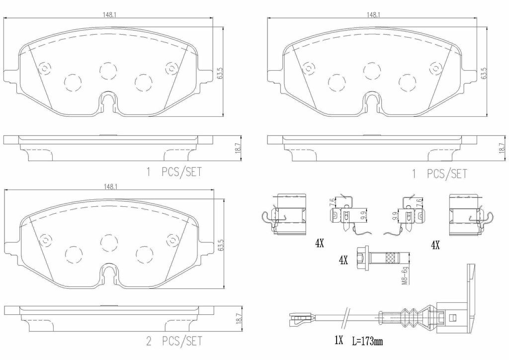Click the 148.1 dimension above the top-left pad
(110, 15)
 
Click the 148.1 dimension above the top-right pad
(374, 15)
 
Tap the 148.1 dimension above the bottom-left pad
(110, 186)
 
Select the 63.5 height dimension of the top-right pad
(484, 74)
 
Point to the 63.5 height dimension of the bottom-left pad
(222, 246)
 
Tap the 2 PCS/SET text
(174, 341)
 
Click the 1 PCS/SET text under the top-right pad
(439, 174)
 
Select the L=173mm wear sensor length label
(367, 341)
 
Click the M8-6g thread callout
(405, 274)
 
